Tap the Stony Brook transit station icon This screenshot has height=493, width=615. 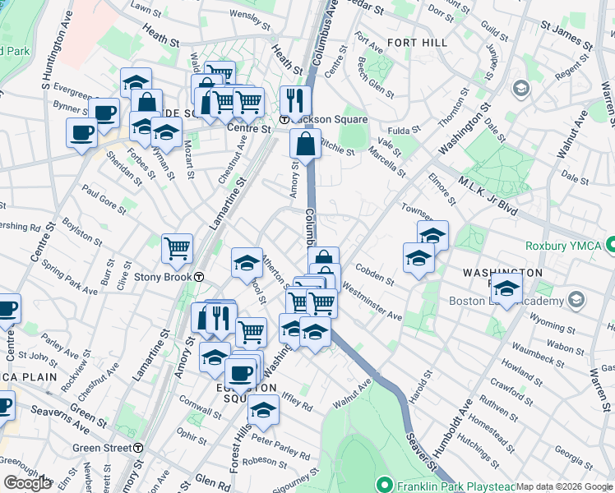tap(200, 278)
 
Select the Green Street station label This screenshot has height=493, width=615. tap(102, 448)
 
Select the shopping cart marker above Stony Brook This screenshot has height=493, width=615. tap(178, 247)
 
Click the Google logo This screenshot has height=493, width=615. tap(27, 483)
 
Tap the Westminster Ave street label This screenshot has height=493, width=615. tap(372, 302)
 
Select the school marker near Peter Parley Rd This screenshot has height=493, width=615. tap(263, 410)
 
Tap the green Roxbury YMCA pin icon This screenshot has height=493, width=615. tap(610, 244)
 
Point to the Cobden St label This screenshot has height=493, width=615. tap(375, 274)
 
